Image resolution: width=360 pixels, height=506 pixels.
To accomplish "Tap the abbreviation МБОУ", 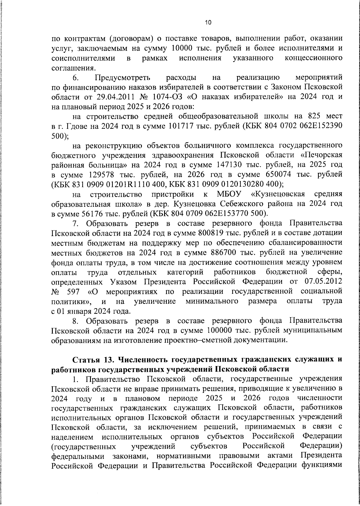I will tap(230, 194).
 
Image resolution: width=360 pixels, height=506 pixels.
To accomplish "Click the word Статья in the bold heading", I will tap(85, 360).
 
